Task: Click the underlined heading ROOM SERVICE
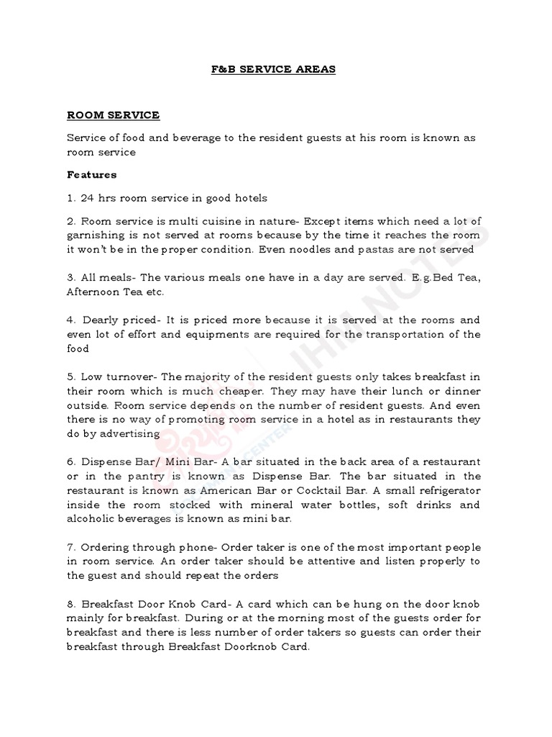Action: point(113,115)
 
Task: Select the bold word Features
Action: point(91,174)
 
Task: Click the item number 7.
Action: point(70,547)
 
